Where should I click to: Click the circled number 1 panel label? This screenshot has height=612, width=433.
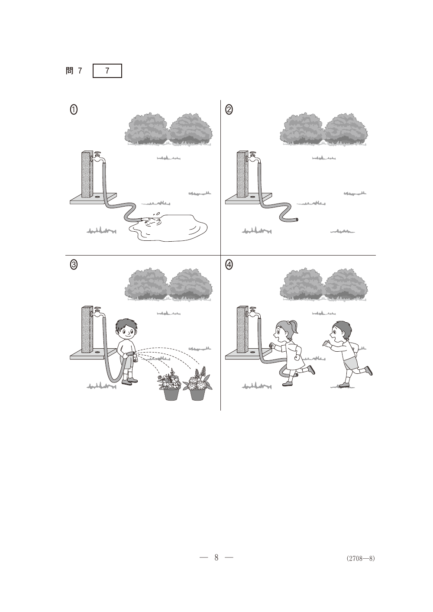[x=74, y=110]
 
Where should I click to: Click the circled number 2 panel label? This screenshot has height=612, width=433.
[x=229, y=110]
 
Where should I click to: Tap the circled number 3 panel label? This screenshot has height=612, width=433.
[x=74, y=265]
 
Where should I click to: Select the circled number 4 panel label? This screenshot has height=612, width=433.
[x=229, y=265]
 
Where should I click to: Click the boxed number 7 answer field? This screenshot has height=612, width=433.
[x=107, y=71]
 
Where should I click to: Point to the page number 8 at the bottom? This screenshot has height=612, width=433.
[x=216, y=557]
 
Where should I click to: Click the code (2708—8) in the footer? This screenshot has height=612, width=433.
[x=361, y=558]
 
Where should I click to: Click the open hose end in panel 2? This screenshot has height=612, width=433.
[x=297, y=220]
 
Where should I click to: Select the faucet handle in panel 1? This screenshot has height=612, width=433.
[x=97, y=153]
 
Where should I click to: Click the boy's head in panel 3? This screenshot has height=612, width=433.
[x=126, y=329]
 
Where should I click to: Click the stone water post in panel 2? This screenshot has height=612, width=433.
[x=242, y=174]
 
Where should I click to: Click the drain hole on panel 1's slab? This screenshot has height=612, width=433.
[x=97, y=196]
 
